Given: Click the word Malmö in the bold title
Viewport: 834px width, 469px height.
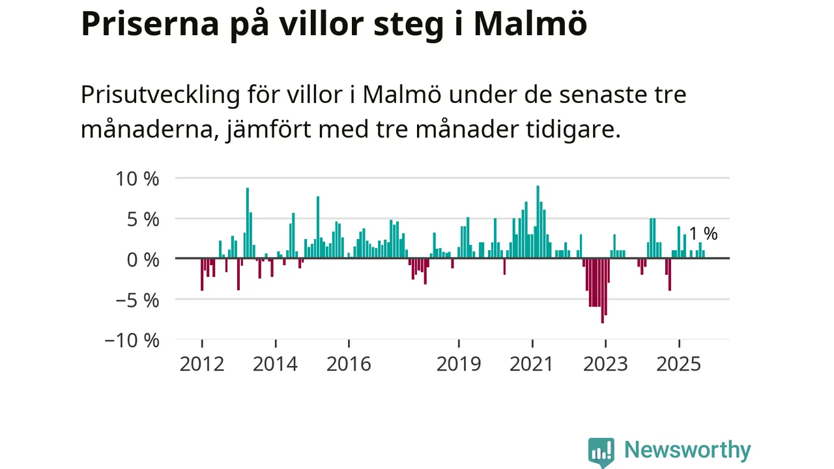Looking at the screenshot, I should click(x=530, y=24).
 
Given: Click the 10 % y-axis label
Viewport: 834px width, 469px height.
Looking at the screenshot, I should click(x=136, y=178).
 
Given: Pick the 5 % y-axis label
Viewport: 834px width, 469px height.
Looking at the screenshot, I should click(x=142, y=219).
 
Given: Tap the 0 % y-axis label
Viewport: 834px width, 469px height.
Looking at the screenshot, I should click(x=142, y=259).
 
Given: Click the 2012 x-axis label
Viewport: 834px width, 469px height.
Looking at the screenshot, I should click(x=202, y=363).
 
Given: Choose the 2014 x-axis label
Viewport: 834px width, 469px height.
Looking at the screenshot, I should click(x=275, y=363).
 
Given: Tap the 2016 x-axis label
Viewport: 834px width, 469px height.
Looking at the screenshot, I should click(x=349, y=363).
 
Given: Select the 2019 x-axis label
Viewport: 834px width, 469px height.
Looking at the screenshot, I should click(x=459, y=363).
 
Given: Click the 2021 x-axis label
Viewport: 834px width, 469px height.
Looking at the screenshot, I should click(x=532, y=363).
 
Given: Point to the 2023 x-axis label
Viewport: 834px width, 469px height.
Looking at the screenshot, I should click(x=605, y=363).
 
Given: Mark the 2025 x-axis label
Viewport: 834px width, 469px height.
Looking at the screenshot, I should click(x=679, y=363).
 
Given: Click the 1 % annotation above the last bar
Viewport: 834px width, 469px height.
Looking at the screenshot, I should click(x=703, y=234).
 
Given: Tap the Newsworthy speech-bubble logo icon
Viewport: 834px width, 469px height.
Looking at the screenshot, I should click(x=601, y=451).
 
